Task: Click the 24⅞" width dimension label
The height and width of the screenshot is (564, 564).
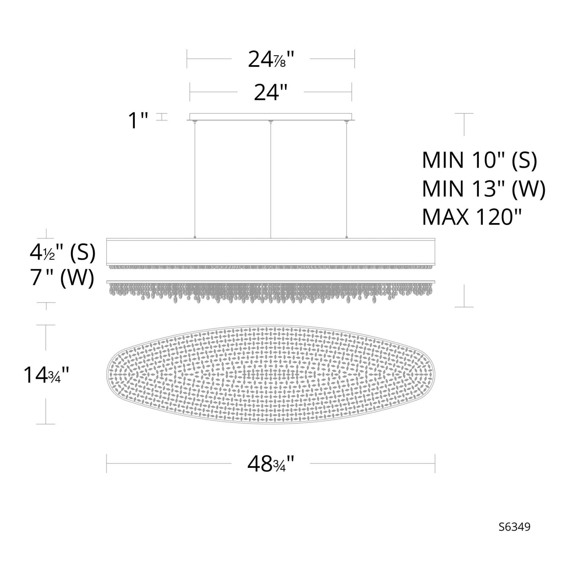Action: [271, 59]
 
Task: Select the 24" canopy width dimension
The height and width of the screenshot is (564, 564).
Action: [271, 92]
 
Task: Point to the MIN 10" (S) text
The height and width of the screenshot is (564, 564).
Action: [479, 160]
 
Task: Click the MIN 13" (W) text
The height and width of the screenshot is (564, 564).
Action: [484, 189]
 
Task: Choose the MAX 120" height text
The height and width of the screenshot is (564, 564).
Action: [472, 217]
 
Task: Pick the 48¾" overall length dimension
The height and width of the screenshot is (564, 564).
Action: [271, 464]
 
